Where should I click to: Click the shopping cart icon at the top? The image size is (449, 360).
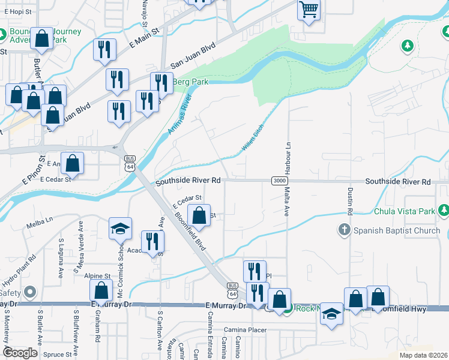309,9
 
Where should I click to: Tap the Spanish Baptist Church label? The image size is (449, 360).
397,230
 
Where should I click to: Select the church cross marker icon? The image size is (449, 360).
344,230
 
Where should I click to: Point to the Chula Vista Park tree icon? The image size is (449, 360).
443,211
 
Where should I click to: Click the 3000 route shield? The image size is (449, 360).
279,181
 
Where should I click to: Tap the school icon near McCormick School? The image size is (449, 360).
120,229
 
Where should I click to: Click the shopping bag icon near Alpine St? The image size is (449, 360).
101,291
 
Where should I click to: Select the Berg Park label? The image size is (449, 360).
190,82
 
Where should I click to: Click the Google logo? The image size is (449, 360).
20,353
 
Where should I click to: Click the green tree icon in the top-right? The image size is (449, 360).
408,46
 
